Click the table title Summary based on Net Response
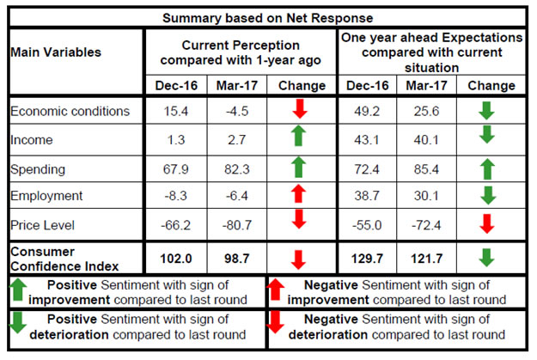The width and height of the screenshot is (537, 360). point(267,18)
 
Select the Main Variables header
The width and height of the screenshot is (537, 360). point(56,52)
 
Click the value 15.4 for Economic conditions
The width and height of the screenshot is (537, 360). point(176,111)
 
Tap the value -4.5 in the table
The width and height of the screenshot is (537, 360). point(237,111)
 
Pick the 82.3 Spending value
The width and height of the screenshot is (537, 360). point(237,169)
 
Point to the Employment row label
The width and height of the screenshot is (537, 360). point(46,196)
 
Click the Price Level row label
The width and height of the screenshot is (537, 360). point(42,225)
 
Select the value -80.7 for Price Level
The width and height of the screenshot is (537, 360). point(237,225)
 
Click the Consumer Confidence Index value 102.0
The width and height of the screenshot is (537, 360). point(176,259)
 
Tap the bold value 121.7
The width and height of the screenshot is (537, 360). point(427,259)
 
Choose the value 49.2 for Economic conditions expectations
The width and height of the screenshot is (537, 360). point(367,111)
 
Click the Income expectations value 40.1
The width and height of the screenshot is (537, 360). point(426,140)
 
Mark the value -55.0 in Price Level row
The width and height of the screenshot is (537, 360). point(367,225)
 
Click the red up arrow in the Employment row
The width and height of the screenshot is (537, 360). point(298,193)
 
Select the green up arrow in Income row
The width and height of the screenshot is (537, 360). point(298,136)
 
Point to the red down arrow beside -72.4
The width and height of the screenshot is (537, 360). point(486,223)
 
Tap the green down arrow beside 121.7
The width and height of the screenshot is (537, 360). point(486,258)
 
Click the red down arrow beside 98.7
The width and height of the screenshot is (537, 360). point(298,259)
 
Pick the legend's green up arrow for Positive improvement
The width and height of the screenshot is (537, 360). point(18,290)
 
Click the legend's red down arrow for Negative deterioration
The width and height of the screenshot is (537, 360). point(275,321)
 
